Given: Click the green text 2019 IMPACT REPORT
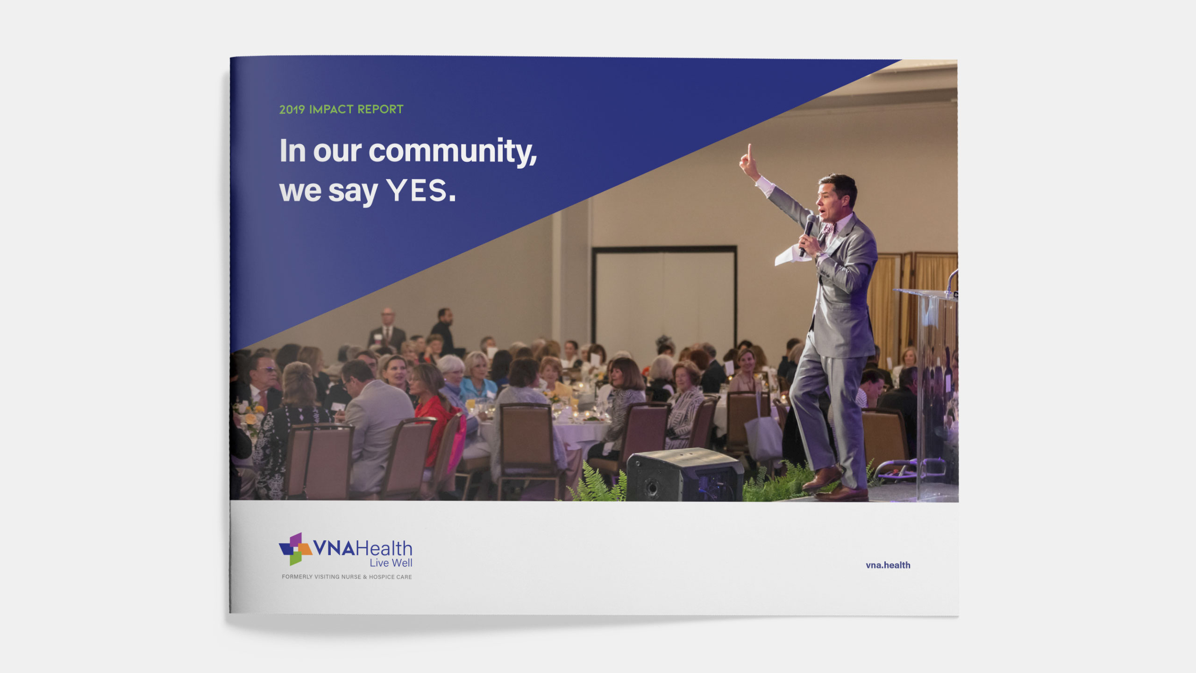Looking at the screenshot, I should pos(341,109).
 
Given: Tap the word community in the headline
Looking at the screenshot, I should pos(452,151).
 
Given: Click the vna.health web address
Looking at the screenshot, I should pos(888,565).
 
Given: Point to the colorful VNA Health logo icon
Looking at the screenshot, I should pos(295,549).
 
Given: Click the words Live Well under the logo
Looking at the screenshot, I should pos(391,563).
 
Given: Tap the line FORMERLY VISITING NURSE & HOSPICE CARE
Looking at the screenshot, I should pos(347,577).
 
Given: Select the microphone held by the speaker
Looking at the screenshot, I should pos(807,234).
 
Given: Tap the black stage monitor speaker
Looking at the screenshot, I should pos(684,474).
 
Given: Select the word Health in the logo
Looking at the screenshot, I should pos(384,548).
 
